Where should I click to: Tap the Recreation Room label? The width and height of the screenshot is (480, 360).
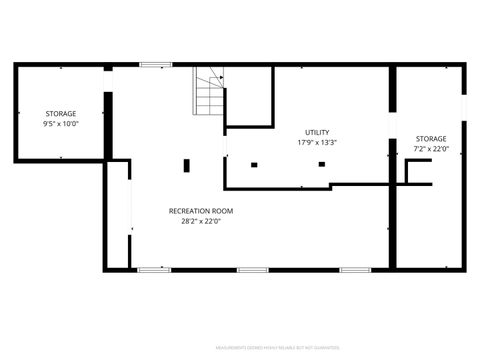[200, 211]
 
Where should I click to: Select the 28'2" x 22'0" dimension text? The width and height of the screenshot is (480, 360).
[200, 221]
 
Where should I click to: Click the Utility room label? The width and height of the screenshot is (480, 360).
[317, 132]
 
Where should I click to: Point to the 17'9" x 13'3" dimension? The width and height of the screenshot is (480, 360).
[317, 142]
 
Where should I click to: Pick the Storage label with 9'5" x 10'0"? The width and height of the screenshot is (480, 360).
[60, 113]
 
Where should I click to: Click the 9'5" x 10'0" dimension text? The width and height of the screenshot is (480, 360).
[60, 124]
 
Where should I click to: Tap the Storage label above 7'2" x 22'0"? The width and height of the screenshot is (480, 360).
[431, 139]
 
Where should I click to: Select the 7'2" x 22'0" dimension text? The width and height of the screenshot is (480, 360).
[431, 149]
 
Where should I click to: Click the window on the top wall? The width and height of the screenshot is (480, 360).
[155, 65]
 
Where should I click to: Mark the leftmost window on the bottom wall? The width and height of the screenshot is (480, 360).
[153, 269]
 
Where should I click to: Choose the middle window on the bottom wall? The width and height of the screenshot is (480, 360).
[251, 269]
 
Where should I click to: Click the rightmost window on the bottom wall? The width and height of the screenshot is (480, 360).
[355, 269]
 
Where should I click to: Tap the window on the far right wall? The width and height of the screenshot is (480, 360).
[464, 108]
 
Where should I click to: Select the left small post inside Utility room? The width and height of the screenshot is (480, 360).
[254, 164]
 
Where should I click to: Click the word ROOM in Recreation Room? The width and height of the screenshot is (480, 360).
[221, 211]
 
